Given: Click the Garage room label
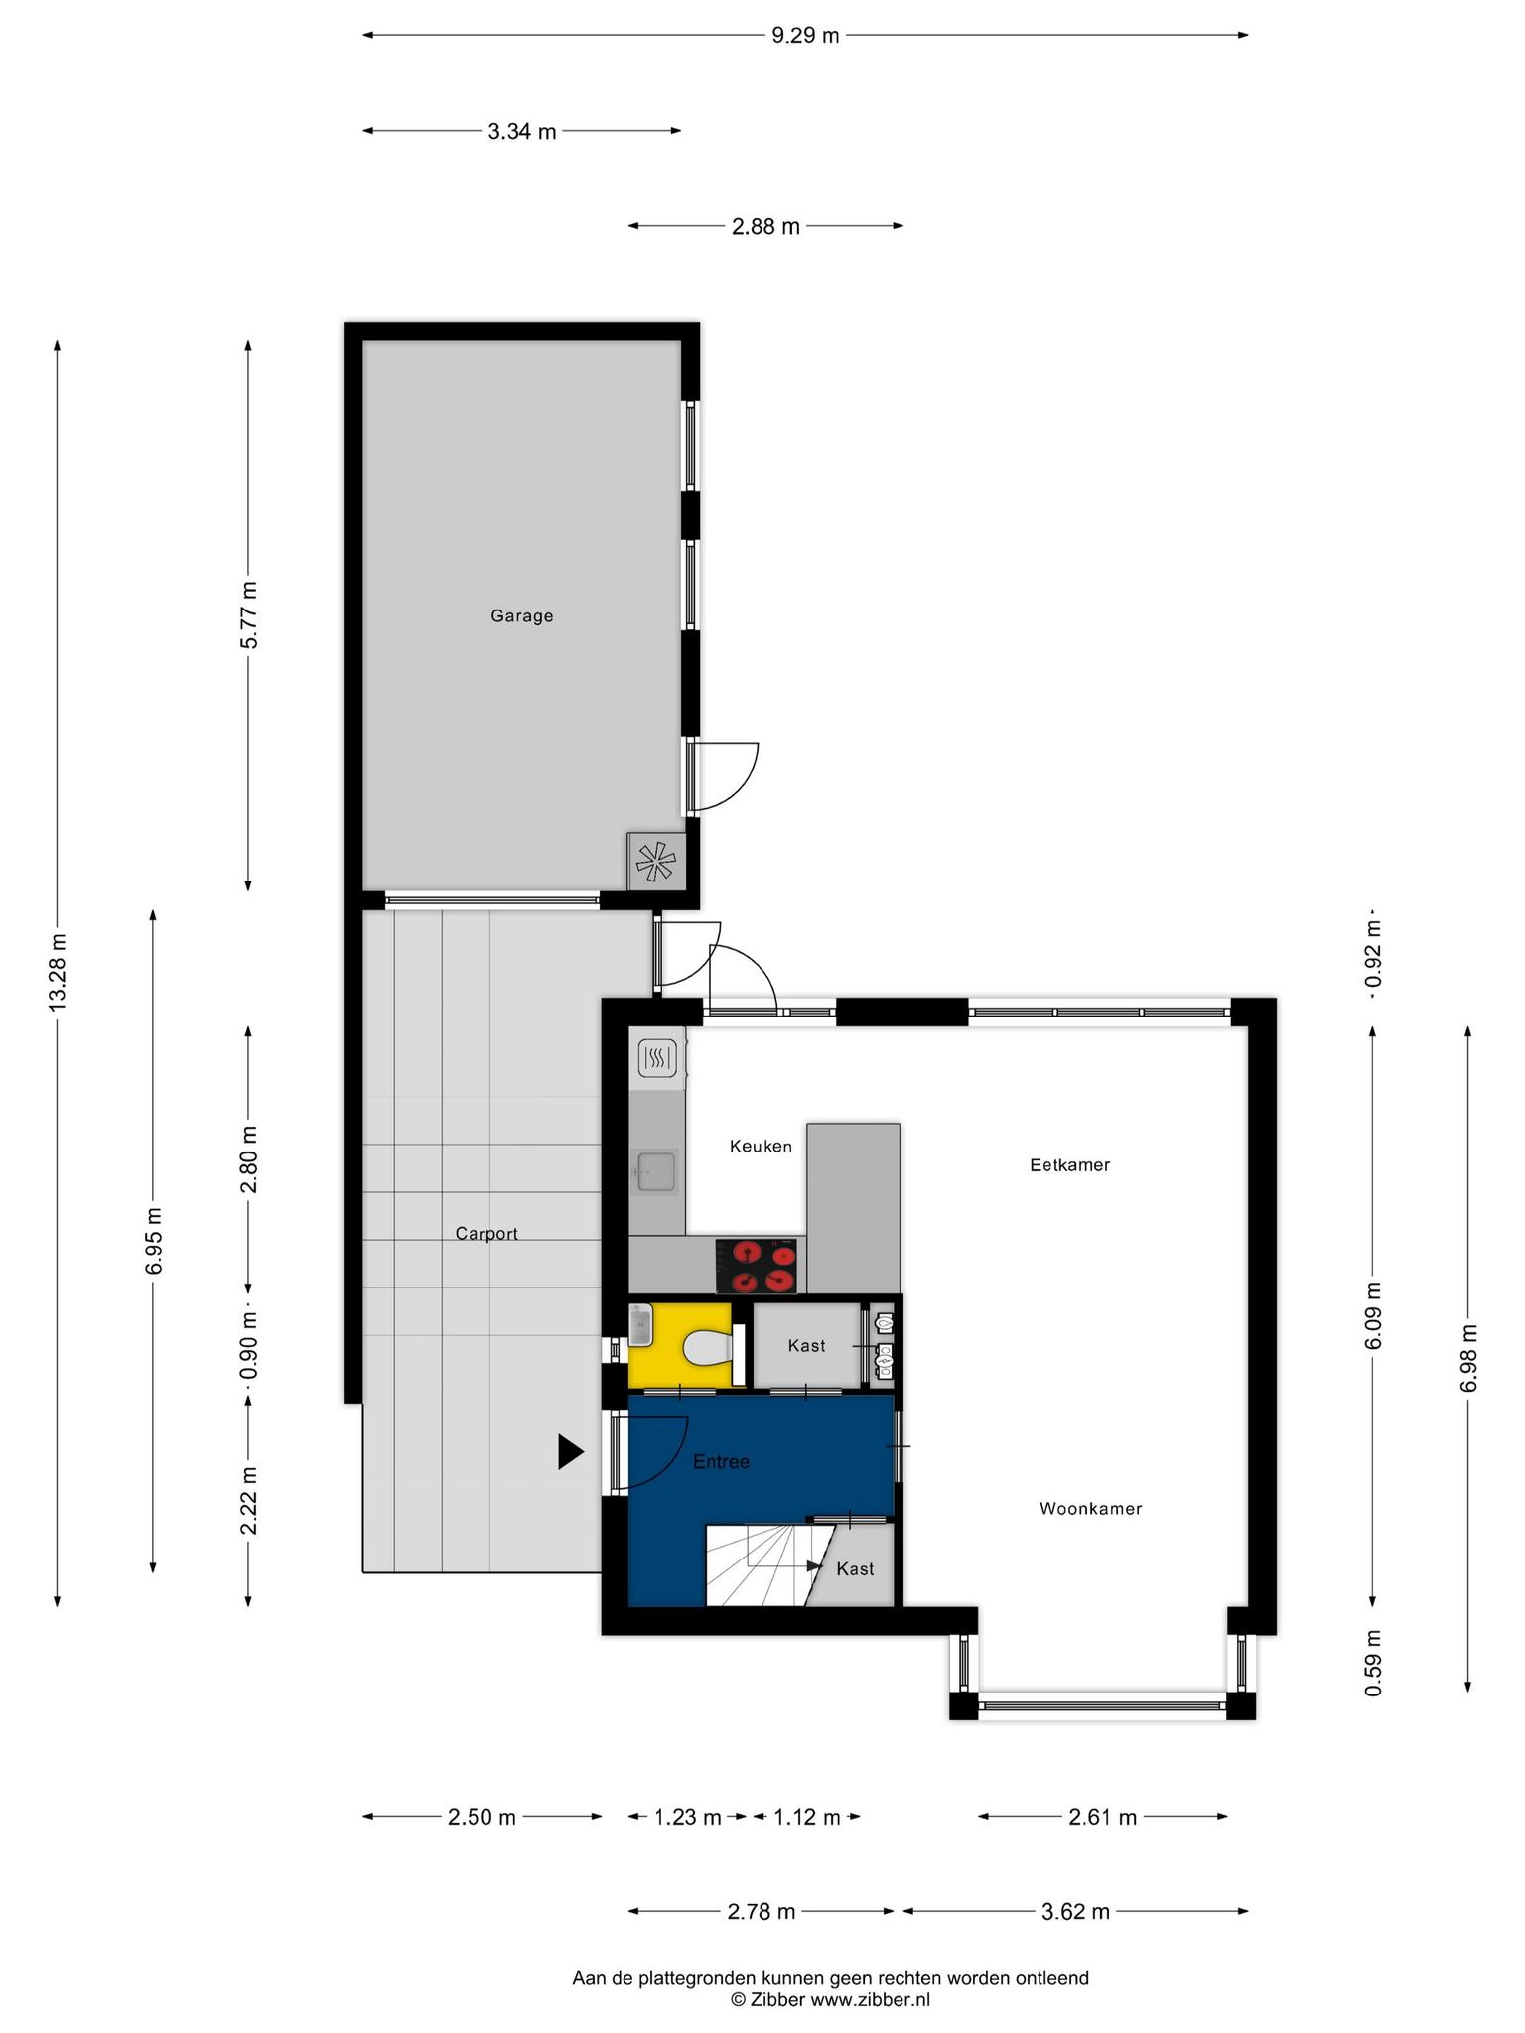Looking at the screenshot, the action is [x=521, y=615].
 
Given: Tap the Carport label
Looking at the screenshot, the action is [x=486, y=1234].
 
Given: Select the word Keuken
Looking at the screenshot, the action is [x=761, y=1147].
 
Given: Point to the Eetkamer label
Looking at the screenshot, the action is [x=1069, y=1165].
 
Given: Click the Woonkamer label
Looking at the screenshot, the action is [x=1090, y=1509].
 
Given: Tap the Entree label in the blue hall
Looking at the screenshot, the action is [x=721, y=1462].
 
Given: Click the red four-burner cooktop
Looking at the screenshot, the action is [x=757, y=1267].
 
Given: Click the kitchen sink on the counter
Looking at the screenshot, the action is [x=655, y=1171].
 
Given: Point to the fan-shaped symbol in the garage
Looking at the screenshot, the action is [x=656, y=862].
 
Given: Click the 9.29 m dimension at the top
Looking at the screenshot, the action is [x=805, y=36].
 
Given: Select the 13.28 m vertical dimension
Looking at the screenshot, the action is [x=57, y=973].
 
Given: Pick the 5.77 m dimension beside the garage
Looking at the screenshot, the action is [x=248, y=615].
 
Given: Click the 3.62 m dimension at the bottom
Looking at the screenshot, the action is [x=1075, y=1911].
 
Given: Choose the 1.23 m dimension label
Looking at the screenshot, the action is [x=687, y=1817].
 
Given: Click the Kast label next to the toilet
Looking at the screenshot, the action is [x=806, y=1346].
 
